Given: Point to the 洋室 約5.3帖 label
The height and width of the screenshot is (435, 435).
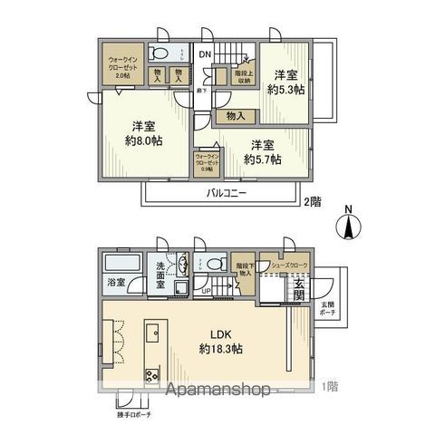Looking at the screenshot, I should [285, 83].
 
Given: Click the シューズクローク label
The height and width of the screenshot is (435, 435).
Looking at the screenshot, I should [289, 266].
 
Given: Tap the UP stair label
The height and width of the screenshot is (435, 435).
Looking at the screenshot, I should [207, 291].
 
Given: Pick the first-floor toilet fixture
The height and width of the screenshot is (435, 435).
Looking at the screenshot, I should [216, 265].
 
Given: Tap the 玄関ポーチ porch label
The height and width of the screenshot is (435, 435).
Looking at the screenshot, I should [325, 309].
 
